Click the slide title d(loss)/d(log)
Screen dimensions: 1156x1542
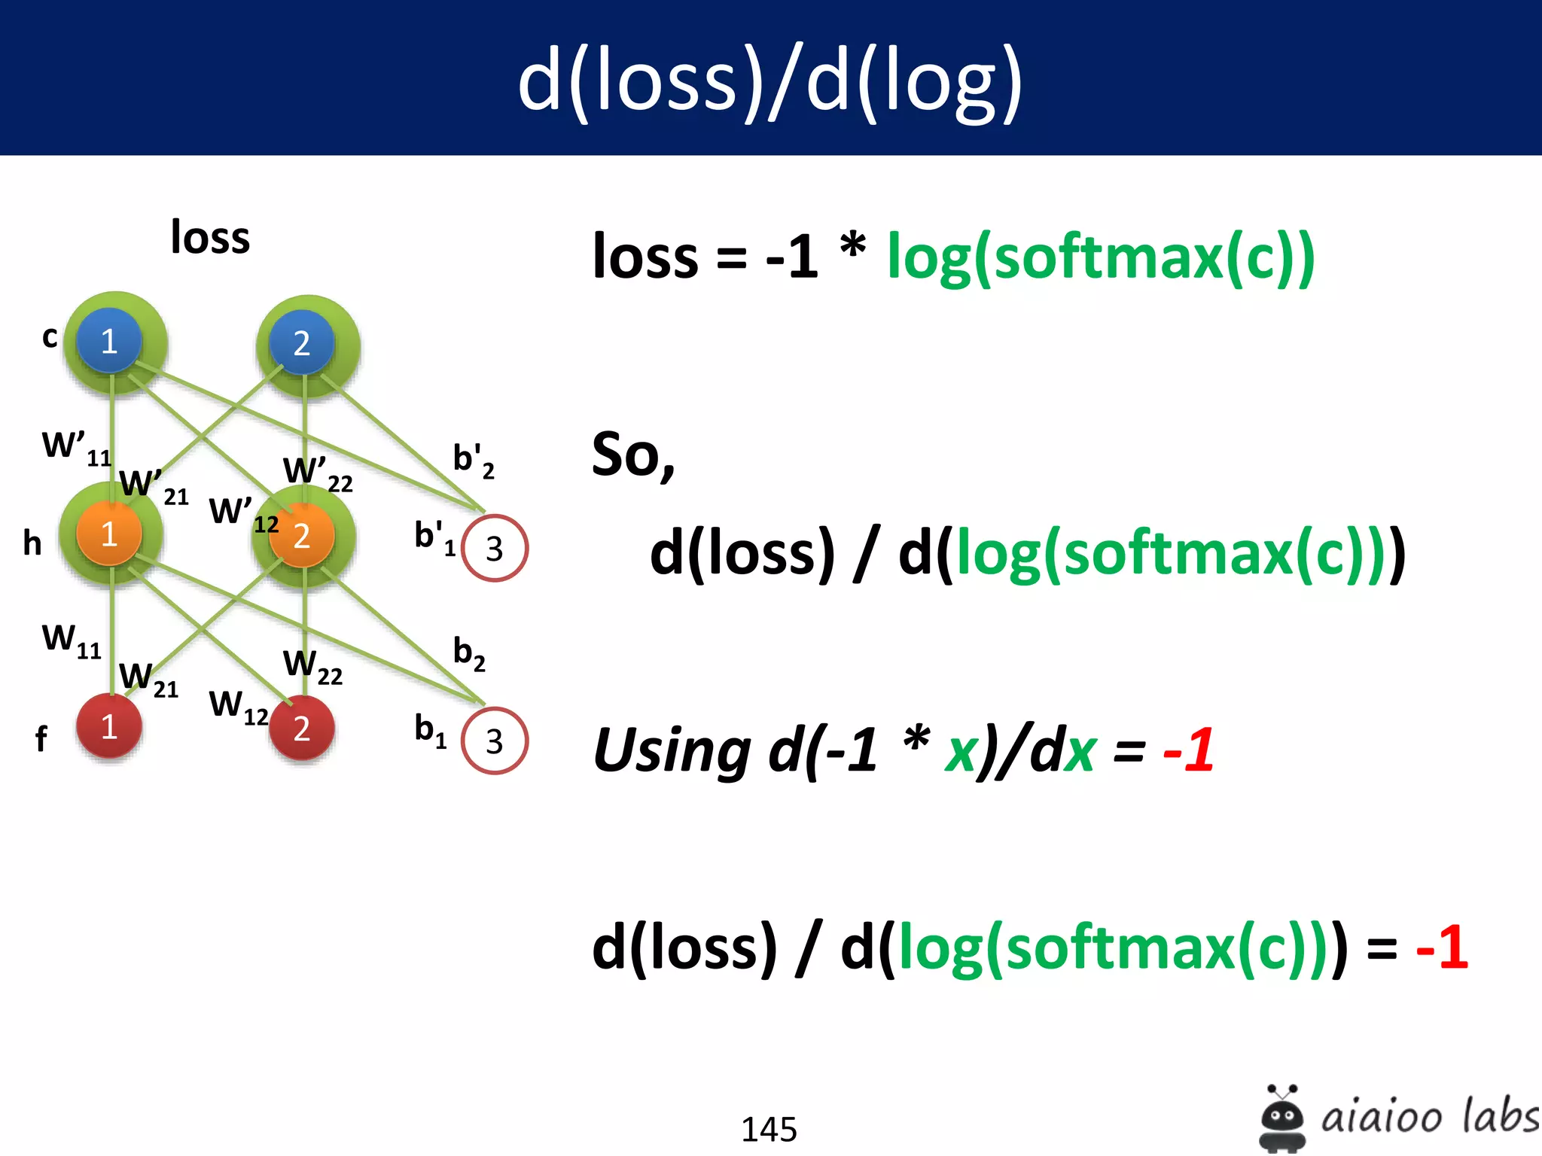coord(769,81)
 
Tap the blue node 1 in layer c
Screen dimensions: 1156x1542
coord(110,341)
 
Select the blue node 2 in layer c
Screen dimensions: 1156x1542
coord(302,343)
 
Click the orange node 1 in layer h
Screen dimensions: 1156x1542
coord(110,534)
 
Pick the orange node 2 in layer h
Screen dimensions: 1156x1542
coord(302,536)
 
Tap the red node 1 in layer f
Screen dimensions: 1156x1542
coord(110,726)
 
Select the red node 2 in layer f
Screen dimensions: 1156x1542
coord(302,729)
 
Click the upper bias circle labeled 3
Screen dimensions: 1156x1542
coord(494,548)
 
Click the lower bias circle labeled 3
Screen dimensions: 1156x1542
coord(494,741)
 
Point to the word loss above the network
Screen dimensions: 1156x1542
coord(210,237)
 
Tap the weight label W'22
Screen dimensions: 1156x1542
coord(317,473)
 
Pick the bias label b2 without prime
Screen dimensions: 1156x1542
coord(468,653)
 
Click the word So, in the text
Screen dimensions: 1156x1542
coord(632,455)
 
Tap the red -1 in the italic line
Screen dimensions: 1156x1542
coord(1188,750)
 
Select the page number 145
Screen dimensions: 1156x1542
coord(769,1129)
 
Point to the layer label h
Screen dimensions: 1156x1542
coord(32,543)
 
